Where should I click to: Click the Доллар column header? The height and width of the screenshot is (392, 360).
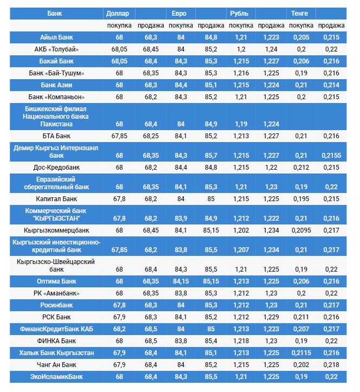(x=118, y=12)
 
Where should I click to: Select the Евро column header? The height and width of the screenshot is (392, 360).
(x=179, y=12)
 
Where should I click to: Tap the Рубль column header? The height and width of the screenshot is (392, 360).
(x=239, y=12)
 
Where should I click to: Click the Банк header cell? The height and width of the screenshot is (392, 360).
(x=55, y=12)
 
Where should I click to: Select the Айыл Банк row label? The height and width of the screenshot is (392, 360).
(x=56, y=37)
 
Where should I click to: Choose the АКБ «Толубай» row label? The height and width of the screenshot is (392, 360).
(x=56, y=49)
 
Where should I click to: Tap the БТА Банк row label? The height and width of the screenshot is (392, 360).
(x=56, y=136)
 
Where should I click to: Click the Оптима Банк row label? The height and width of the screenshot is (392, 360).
(x=56, y=281)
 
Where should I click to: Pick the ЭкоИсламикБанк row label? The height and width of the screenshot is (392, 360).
(x=56, y=377)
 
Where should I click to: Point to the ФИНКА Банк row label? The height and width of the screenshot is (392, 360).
(x=56, y=341)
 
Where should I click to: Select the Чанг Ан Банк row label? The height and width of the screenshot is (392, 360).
(x=56, y=365)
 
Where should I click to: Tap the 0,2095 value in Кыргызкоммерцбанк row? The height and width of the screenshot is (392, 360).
(x=301, y=230)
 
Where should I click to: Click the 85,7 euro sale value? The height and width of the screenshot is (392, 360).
(x=208, y=155)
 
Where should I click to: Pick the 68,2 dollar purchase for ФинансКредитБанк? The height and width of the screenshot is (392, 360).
(x=119, y=329)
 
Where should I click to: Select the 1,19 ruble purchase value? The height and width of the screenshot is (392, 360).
(x=240, y=124)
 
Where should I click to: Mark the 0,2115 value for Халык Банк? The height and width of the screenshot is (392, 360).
(x=301, y=353)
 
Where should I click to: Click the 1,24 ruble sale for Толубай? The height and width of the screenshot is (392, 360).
(x=271, y=49)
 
